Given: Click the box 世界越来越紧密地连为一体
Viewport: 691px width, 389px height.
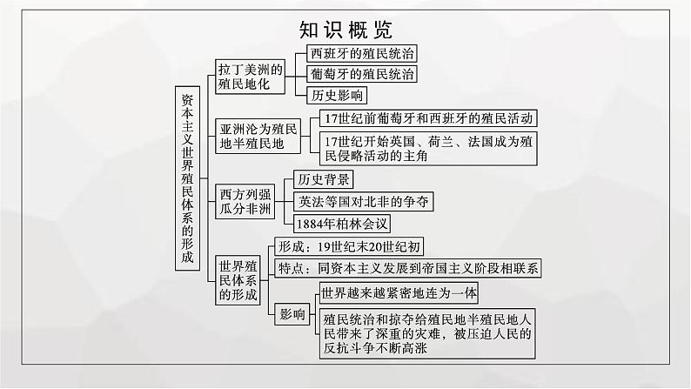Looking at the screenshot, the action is [399, 292].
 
